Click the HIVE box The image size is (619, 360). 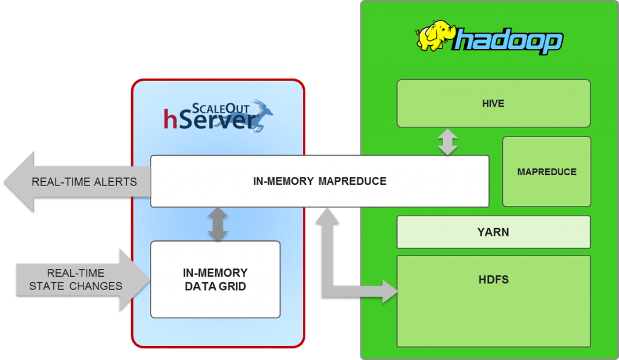point(493,103)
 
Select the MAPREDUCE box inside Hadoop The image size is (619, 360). point(546,172)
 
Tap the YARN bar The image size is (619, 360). point(493,232)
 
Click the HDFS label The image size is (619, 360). point(493,280)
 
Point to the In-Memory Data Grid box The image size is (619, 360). point(215,280)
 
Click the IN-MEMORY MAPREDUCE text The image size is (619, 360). point(319,181)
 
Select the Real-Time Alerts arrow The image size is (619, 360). point(73,182)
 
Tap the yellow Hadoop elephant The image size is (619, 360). point(433,37)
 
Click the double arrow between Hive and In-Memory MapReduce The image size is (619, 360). point(447,142)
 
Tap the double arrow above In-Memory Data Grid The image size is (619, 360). point(216,224)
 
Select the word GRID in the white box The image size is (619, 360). point(233,286)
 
